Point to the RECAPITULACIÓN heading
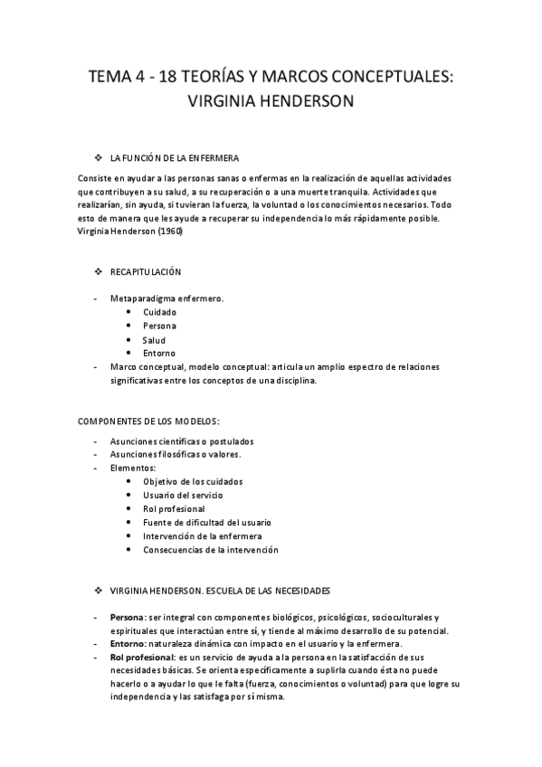(x=146, y=271)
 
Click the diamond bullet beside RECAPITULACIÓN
(x=100, y=271)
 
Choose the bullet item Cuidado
(x=159, y=312)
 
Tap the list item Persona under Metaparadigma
(x=159, y=326)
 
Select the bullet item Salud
(x=154, y=340)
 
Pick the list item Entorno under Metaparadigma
(x=159, y=353)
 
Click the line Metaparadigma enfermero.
(x=166, y=298)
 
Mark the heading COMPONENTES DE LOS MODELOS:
(x=148, y=421)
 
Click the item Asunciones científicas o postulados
(x=182, y=440)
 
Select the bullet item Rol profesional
(x=174, y=508)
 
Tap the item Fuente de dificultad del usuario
(x=206, y=522)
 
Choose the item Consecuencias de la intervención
(x=210, y=549)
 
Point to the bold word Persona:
(x=128, y=617)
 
